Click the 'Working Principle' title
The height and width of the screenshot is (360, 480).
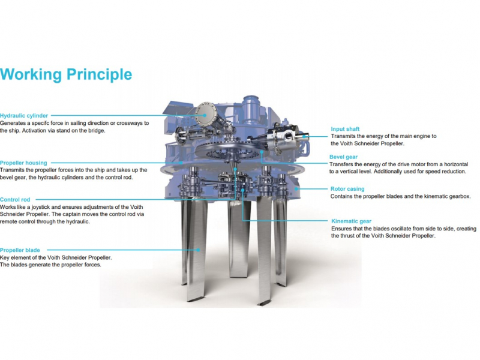(66, 74)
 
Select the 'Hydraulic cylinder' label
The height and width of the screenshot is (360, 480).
(24, 116)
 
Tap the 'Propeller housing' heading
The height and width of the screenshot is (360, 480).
(23, 163)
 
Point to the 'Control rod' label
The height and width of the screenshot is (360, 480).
(15, 200)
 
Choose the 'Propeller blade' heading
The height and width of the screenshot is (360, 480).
(20, 250)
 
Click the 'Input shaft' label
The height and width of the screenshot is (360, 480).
(345, 129)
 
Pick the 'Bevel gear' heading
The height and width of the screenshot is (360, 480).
(343, 157)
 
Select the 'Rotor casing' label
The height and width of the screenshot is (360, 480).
(347, 189)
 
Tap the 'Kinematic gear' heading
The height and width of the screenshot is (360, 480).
(351, 221)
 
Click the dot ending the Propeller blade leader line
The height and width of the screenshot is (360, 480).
(199, 250)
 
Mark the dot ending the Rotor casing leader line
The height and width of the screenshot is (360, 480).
(296, 189)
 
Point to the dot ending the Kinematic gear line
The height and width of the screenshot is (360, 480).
(243, 190)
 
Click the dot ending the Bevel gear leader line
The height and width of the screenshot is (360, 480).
(262, 152)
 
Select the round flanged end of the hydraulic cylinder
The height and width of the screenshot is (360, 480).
(205, 114)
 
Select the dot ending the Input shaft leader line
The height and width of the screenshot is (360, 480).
(304, 137)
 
